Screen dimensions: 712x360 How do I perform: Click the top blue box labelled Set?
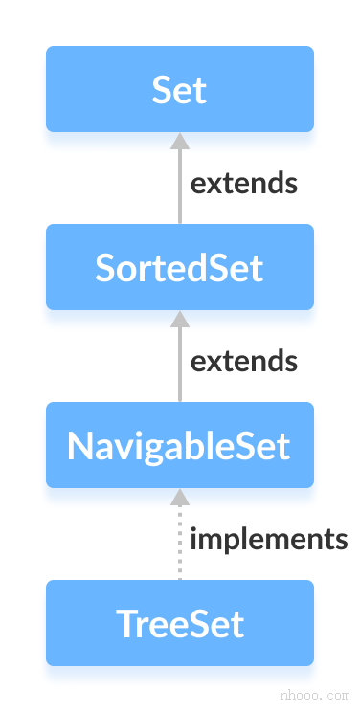tap(179, 89)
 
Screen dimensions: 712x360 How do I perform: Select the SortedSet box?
tap(179, 267)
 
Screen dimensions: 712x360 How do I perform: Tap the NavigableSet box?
tap(179, 445)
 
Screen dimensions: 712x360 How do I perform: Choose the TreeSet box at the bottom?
tap(179, 623)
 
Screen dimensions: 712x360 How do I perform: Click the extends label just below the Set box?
tap(244, 183)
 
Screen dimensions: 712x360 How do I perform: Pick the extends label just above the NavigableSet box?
tap(244, 361)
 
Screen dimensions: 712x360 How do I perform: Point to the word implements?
tap(269, 540)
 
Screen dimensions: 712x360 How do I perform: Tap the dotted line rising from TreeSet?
tap(179, 545)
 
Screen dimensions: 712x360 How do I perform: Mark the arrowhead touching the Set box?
tap(179, 140)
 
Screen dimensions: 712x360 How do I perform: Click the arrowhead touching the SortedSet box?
tap(179, 318)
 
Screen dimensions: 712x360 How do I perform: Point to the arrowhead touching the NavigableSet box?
tap(179, 496)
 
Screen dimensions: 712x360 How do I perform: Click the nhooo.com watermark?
tap(315, 692)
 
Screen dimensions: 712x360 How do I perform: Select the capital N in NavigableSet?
tap(79, 445)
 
